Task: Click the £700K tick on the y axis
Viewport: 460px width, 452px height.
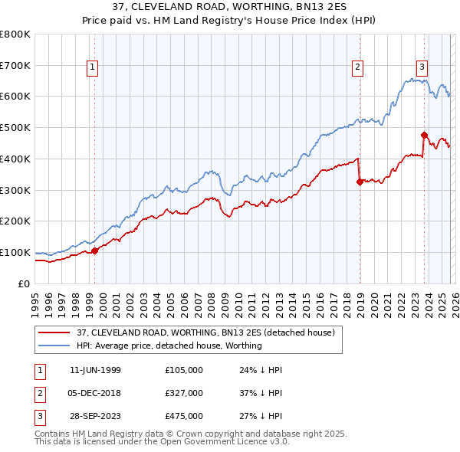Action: tap(15, 65)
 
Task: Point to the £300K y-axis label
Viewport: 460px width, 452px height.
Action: tap(15, 190)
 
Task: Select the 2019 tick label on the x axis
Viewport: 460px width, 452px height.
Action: tap(360, 297)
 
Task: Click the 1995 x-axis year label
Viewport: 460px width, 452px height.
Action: tap(34, 297)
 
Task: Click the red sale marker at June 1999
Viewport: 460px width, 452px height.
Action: tap(94, 251)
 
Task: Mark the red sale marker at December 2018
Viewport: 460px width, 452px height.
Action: tap(359, 182)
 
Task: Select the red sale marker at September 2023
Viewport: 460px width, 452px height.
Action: tap(424, 135)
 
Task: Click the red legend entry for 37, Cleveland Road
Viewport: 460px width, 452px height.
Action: tap(205, 332)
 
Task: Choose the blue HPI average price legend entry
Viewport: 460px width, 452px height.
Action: tap(169, 346)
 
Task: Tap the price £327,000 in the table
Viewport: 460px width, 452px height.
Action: tap(184, 393)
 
